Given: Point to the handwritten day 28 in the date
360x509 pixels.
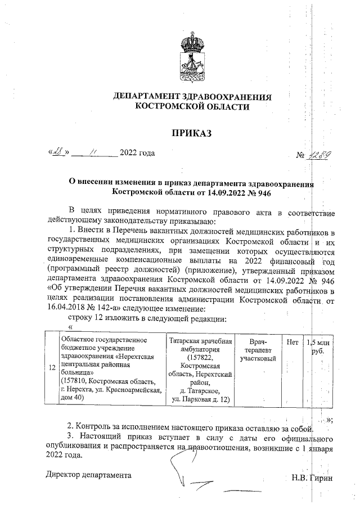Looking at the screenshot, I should (58, 152).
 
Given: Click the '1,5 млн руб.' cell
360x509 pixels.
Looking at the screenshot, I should (318, 345).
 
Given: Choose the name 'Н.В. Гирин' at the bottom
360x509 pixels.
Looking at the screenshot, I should (312, 478).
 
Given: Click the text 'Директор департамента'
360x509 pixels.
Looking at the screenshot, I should (88, 475).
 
